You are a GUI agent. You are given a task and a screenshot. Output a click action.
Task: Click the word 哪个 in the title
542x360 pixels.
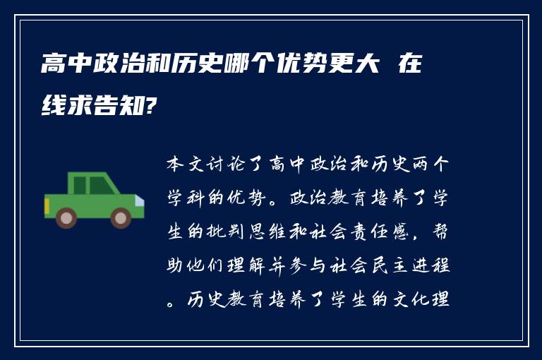tap(199, 67)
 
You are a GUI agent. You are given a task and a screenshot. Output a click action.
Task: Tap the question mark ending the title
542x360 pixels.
tap(149, 107)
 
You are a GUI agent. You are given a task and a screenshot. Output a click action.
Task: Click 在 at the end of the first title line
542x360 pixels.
tap(409, 67)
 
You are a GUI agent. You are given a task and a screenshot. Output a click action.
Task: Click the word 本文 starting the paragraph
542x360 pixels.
tap(185, 164)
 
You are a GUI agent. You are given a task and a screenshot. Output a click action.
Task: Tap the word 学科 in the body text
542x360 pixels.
tap(185, 198)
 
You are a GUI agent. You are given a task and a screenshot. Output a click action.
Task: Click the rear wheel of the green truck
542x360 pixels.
tap(67, 217)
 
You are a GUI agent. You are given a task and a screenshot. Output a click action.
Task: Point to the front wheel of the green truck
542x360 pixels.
tap(121, 217)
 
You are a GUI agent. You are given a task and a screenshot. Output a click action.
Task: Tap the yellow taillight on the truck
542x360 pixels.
tap(47, 207)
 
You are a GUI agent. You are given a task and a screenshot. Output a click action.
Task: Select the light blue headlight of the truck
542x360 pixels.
tap(140, 202)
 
